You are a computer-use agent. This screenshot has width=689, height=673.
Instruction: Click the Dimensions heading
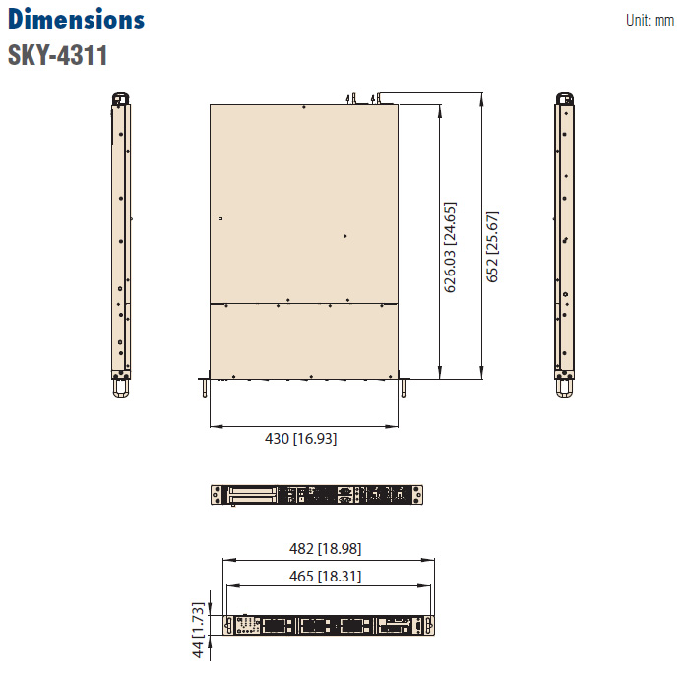coord(76,20)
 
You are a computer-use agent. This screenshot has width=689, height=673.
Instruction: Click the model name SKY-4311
coord(57,55)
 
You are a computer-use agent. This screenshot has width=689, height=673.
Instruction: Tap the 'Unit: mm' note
coord(650,21)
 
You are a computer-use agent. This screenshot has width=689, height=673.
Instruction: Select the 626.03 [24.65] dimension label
coord(450,247)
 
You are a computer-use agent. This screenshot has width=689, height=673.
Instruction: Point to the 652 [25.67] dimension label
coord(492,246)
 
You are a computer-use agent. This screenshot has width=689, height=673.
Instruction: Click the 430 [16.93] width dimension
coord(300,439)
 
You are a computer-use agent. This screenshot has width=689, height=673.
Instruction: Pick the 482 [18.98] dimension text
coord(325,549)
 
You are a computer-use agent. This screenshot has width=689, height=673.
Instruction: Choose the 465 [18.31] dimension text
coord(325,576)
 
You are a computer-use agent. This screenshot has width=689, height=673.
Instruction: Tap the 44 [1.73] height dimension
coord(198,630)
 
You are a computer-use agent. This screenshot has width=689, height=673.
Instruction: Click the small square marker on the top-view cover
coord(220,218)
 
